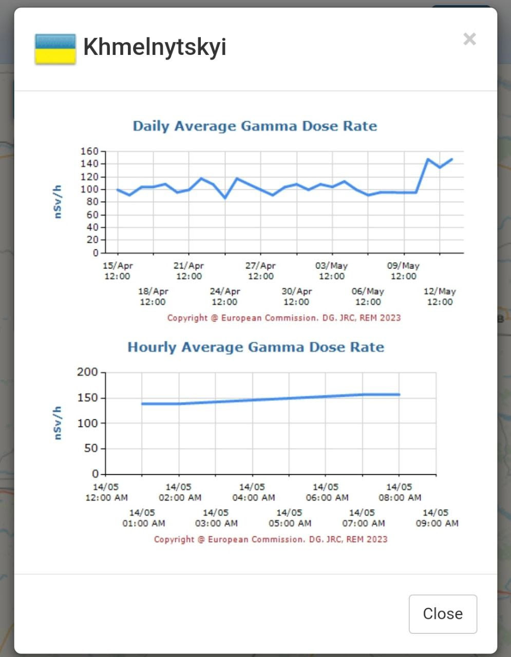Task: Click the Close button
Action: pyautogui.click(x=443, y=614)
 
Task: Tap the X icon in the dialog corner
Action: pyautogui.click(x=469, y=39)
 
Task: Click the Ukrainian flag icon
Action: pyautogui.click(x=55, y=49)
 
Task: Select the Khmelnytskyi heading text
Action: pyautogui.click(x=155, y=47)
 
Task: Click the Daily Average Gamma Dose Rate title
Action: pyautogui.click(x=255, y=126)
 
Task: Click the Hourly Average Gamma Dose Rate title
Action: pyautogui.click(x=256, y=347)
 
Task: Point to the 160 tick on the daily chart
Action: pyautogui.click(x=89, y=151)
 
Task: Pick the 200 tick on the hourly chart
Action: pyautogui.click(x=87, y=372)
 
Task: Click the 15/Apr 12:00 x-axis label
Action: pyautogui.click(x=118, y=271)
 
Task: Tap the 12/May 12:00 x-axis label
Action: pyautogui.click(x=440, y=297)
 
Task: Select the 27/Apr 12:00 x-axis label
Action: pyautogui.click(x=260, y=271)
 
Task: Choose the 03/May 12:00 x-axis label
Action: pyautogui.click(x=332, y=271)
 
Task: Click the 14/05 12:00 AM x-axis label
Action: pyautogui.click(x=106, y=492)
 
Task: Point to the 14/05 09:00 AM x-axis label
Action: pyautogui.click(x=436, y=518)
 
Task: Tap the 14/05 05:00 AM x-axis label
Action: pyautogui.click(x=290, y=518)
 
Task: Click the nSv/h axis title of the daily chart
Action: pyautogui.click(x=58, y=202)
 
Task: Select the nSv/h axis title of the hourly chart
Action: pyautogui.click(x=58, y=423)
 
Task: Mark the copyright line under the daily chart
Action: pyautogui.click(x=284, y=318)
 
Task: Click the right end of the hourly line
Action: pyautogui.click(x=399, y=395)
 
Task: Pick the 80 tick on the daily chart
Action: pyautogui.click(x=92, y=202)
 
